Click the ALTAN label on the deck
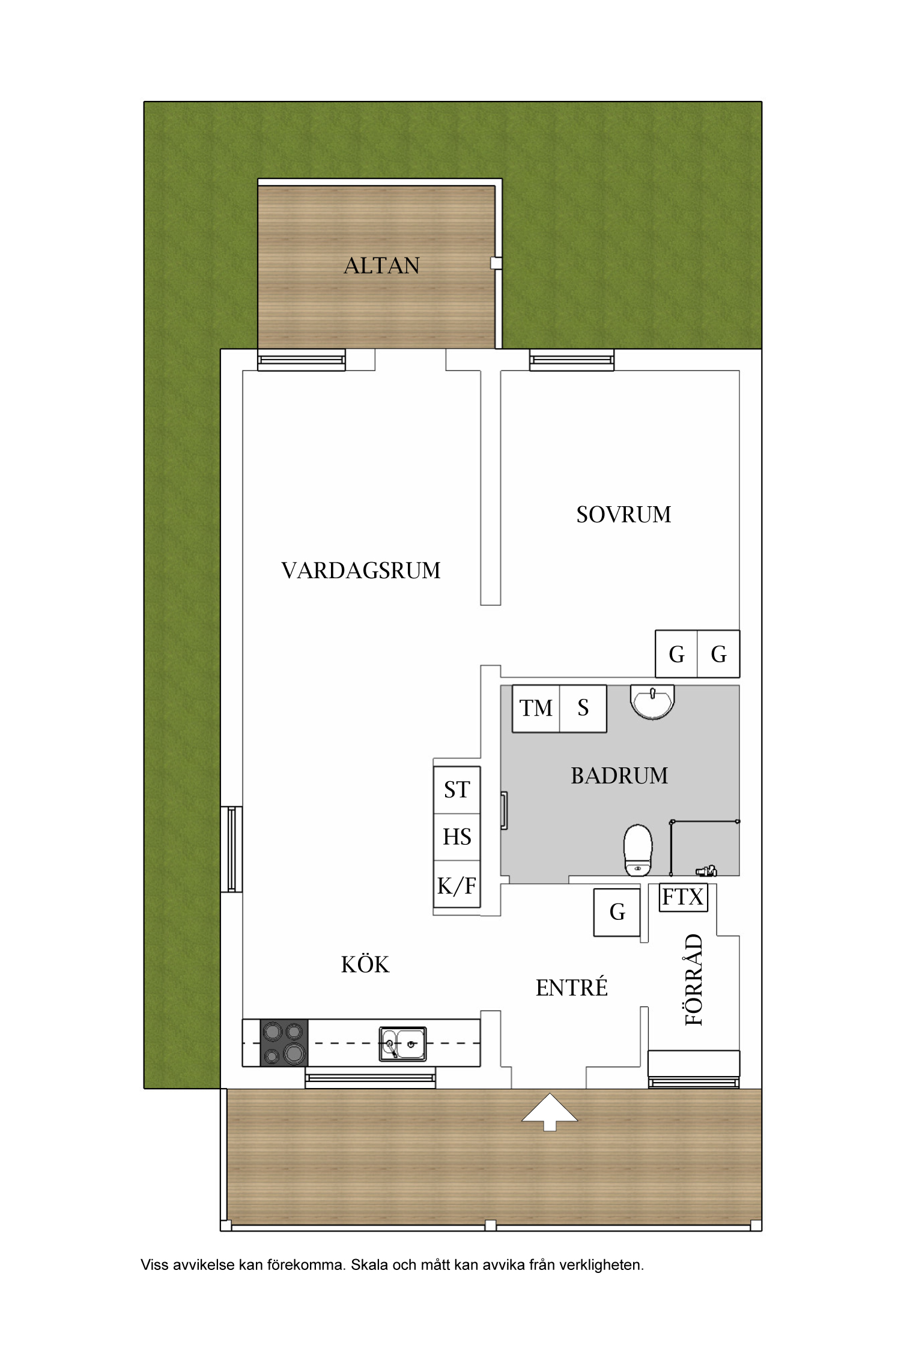tap(381, 265)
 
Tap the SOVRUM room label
tap(623, 515)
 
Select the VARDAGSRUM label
tap(361, 570)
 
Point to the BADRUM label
tap(619, 776)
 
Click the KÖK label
tap(365, 965)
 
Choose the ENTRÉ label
tap(571, 988)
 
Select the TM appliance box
tap(536, 709)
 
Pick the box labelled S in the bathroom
tap(583, 709)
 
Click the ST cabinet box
tap(457, 790)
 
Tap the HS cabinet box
tap(457, 837)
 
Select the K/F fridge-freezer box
tap(457, 886)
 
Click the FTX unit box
tap(683, 898)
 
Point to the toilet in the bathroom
tap(638, 850)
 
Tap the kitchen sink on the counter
tap(402, 1044)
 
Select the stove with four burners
tap(284, 1043)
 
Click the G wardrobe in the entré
tap(617, 912)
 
